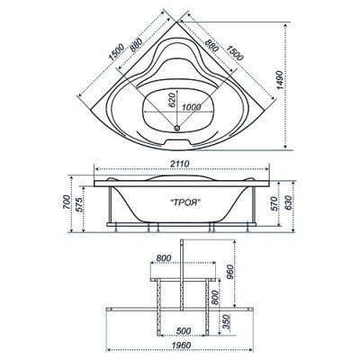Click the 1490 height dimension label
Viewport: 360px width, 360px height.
click(280, 80)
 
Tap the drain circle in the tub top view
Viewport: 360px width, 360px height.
click(177, 128)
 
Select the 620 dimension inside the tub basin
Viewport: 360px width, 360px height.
click(171, 100)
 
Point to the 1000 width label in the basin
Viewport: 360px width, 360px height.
click(192, 107)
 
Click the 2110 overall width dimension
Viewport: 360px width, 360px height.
click(180, 164)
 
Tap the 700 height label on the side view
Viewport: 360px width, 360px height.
click(67, 202)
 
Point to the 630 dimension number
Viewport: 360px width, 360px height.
click(287, 202)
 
